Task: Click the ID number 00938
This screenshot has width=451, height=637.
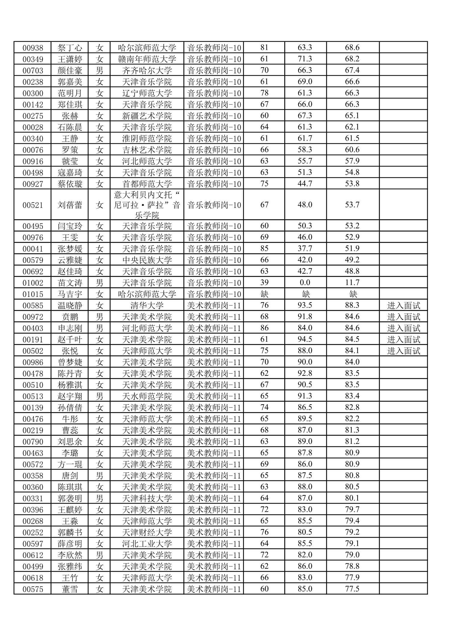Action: point(33,48)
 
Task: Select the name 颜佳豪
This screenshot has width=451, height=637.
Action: point(70,70)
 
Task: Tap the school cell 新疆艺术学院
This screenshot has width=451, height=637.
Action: point(147,116)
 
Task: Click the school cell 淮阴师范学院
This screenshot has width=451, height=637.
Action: point(147,138)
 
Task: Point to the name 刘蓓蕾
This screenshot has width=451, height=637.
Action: point(70,205)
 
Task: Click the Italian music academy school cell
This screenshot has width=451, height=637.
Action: point(147,205)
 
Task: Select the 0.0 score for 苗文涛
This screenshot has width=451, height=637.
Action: point(305,282)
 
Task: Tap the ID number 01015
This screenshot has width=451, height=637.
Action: point(33,294)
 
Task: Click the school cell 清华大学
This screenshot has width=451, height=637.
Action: point(147,305)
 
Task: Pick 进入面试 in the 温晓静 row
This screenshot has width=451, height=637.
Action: point(403,305)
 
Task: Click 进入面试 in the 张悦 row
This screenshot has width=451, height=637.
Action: point(403,351)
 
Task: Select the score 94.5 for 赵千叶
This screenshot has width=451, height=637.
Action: point(305,339)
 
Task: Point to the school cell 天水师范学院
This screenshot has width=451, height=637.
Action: point(147,396)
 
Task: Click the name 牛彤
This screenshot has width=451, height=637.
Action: point(70,419)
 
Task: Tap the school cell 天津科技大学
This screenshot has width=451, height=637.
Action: point(147,498)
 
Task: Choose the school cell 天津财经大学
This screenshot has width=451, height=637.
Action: point(147,532)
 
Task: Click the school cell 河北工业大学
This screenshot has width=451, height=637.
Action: point(147,544)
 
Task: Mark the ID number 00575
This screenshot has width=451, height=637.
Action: point(33,589)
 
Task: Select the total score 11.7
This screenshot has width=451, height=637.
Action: point(352,282)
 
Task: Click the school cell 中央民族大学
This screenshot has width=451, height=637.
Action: point(147,260)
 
